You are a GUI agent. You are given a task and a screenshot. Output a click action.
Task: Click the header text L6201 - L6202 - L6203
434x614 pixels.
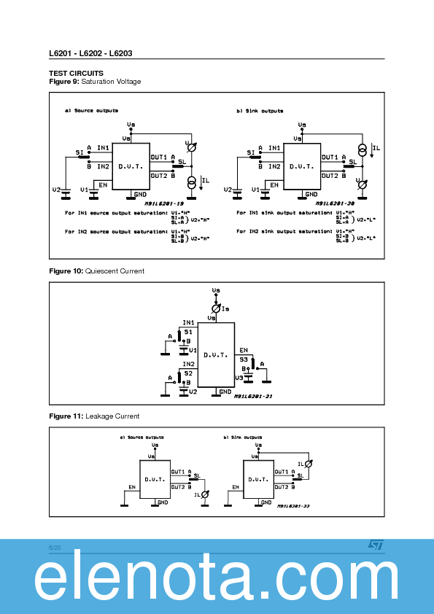click(x=90, y=53)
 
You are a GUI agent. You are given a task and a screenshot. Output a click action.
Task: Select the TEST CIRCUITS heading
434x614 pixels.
click(x=76, y=73)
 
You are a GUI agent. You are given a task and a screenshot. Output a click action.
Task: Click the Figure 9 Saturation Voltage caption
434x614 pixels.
click(x=95, y=82)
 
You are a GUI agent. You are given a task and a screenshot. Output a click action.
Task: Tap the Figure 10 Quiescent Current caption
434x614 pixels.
click(x=96, y=271)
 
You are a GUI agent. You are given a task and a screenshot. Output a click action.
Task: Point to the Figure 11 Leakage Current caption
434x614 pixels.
click(x=94, y=416)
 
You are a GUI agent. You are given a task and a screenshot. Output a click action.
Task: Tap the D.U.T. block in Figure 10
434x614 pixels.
click(x=216, y=355)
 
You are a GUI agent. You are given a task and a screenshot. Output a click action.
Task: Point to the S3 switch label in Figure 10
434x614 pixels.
click(x=244, y=359)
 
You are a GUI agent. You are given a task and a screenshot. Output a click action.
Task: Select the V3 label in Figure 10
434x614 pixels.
click(x=239, y=377)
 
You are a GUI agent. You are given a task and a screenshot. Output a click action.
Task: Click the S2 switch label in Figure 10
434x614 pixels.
click(x=188, y=373)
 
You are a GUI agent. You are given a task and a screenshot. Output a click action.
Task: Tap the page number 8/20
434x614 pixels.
click(x=55, y=547)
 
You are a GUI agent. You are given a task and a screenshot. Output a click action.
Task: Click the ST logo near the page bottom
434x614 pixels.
click(x=374, y=545)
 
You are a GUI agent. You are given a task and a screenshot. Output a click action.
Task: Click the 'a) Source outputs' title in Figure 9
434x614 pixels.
click(x=91, y=111)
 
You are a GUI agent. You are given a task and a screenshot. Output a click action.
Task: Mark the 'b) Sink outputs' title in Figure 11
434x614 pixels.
click(x=243, y=438)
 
